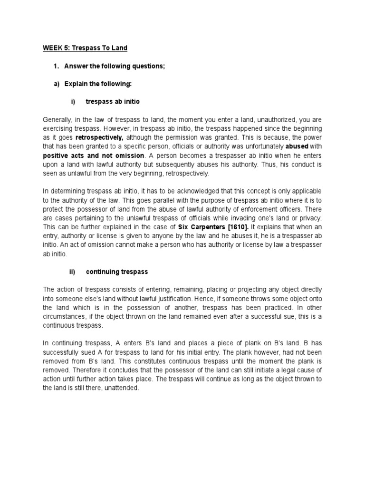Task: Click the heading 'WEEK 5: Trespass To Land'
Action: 85,48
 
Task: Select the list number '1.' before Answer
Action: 56,66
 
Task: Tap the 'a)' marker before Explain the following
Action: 56,84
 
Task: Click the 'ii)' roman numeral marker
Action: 73,272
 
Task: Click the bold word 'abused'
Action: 297,147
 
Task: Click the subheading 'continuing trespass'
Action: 117,272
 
